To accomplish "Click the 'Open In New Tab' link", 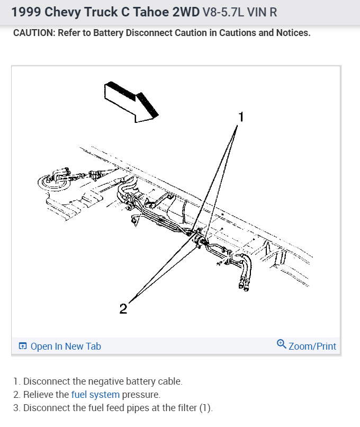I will click(x=65, y=346).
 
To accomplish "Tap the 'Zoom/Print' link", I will click(x=312, y=346).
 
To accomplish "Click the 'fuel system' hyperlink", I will click(x=95, y=395).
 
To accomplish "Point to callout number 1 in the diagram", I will click(x=241, y=117).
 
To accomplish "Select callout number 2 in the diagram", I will click(x=123, y=309).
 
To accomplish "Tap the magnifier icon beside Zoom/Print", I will click(x=281, y=344).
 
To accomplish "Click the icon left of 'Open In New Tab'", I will click(x=23, y=346).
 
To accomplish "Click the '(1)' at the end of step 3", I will click(x=205, y=408).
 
